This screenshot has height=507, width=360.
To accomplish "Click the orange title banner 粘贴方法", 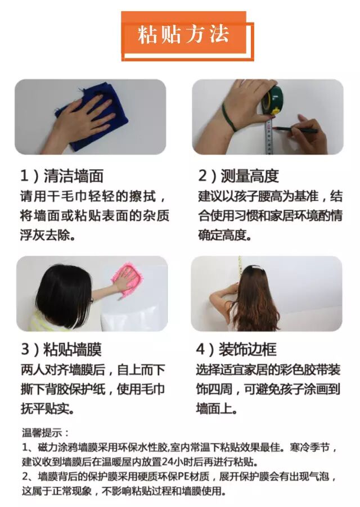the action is pyautogui.click(x=184, y=35).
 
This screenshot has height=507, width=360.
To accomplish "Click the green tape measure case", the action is pyautogui.click(x=273, y=99).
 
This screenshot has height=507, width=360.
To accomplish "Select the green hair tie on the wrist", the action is pyautogui.click(x=229, y=117).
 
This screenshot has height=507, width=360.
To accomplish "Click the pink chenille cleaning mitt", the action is pyautogui.click(x=127, y=279).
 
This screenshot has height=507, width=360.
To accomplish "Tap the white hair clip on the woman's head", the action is pyautogui.click(x=255, y=268).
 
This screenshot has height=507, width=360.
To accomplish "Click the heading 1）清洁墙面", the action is pyautogui.click(x=62, y=176).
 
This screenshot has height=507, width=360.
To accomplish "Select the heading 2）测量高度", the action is pyautogui.click(x=238, y=176).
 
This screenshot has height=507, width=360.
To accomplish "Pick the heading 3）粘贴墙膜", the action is pyautogui.click(x=61, y=350).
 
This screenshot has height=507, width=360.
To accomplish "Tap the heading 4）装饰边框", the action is pyautogui.click(x=236, y=350).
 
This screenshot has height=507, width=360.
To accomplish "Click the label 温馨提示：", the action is pyautogui.click(x=46, y=432).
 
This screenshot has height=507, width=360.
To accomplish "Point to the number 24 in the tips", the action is pyautogui.click(x=168, y=461).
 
